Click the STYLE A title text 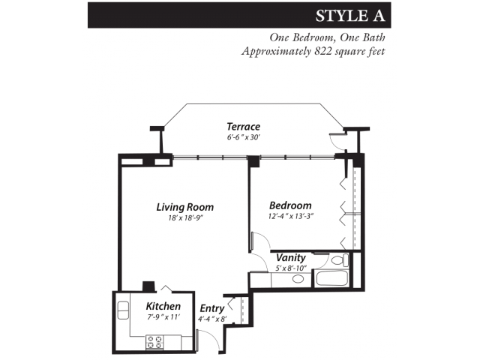[x=350, y=16]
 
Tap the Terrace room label [x=243, y=127]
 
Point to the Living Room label [x=184, y=207]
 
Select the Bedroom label [x=290, y=205]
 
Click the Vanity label [x=291, y=258]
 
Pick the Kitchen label [x=163, y=306]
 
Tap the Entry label [x=211, y=308]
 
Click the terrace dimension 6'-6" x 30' [x=244, y=138]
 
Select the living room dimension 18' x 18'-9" [x=184, y=218]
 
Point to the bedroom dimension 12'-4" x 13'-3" [x=290, y=217]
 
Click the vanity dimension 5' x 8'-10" [x=292, y=268]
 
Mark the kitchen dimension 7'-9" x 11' [x=163, y=317]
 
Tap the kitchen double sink [x=123, y=309]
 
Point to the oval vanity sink [x=298, y=279]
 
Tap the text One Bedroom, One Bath [x=328, y=37]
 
